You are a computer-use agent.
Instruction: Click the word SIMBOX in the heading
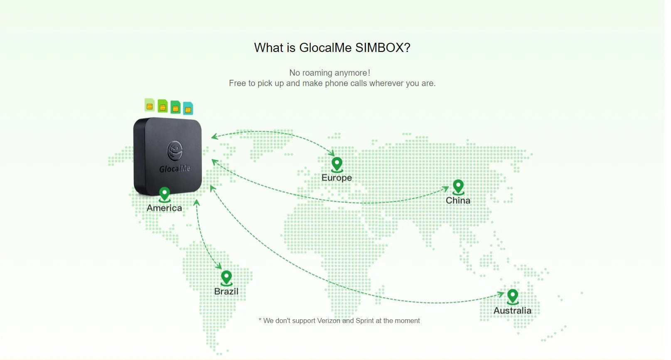pos(383,48)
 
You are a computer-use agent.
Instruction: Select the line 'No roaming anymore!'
pos(329,73)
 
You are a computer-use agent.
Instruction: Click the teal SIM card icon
pos(188,108)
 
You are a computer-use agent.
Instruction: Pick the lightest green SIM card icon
pos(150,105)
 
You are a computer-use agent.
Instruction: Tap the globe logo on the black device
pos(175,150)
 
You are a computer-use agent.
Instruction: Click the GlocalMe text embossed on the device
pos(175,169)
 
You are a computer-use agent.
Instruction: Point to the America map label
pos(164,208)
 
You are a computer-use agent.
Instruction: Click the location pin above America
pos(165,195)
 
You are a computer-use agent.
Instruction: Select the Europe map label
pos(337,178)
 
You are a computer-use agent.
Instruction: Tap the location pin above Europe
pos(337,165)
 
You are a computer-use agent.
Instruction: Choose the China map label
pos(458,200)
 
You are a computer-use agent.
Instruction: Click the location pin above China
pos(458,187)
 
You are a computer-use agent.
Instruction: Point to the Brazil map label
pos(226,291)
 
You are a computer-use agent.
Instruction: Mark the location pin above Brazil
pos(226,278)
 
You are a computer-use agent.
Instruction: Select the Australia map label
pos(513,311)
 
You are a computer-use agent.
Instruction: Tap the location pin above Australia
pos(513,297)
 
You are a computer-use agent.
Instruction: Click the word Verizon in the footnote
pos(329,321)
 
